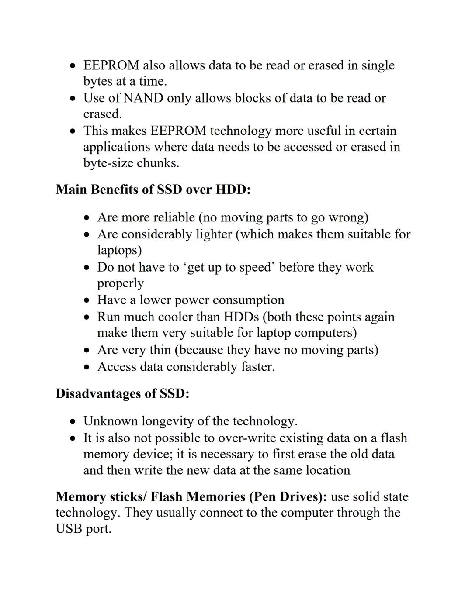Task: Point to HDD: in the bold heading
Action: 233,190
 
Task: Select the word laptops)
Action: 119,251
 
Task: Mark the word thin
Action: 158,350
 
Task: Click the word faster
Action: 258,367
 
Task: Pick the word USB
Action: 69,529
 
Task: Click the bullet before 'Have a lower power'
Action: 88,301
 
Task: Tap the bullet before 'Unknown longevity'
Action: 74,422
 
